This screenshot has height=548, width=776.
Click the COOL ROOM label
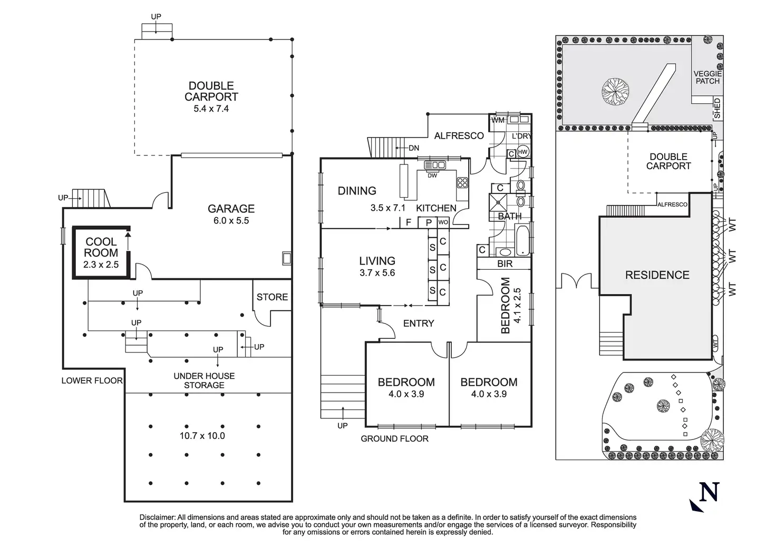pyautogui.click(x=101, y=247)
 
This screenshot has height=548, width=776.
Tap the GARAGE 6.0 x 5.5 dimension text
pyautogui.click(x=231, y=220)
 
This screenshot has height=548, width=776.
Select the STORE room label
pyautogui.click(x=273, y=297)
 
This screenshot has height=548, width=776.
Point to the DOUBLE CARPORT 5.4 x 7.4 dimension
pyautogui.click(x=211, y=109)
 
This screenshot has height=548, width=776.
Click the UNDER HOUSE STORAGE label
pyautogui.click(x=204, y=380)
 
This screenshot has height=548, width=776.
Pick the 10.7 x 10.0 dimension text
pyautogui.click(x=202, y=435)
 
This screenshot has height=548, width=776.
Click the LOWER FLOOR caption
pyautogui.click(x=92, y=380)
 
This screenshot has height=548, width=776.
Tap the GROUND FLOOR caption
pyautogui.click(x=394, y=438)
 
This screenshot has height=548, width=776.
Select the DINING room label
pyautogui.click(x=357, y=191)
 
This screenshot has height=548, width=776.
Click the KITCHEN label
pyautogui.click(x=436, y=208)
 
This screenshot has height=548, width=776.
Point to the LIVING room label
pyautogui.click(x=377, y=261)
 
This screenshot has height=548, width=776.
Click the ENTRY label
pyautogui.click(x=419, y=324)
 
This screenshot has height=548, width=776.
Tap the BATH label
pyautogui.click(x=510, y=217)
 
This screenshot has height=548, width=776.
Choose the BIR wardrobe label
pyautogui.click(x=505, y=264)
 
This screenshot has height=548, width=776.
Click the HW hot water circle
pyautogui.click(x=522, y=152)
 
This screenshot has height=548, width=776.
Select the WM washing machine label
pyautogui.click(x=498, y=121)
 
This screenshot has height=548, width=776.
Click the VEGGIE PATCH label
pyautogui.click(x=708, y=77)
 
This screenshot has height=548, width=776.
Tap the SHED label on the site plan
pyautogui.click(x=717, y=109)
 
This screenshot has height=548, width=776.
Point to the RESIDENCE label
pyautogui.click(x=657, y=275)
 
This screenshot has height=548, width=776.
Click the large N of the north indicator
pyautogui.click(x=709, y=492)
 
